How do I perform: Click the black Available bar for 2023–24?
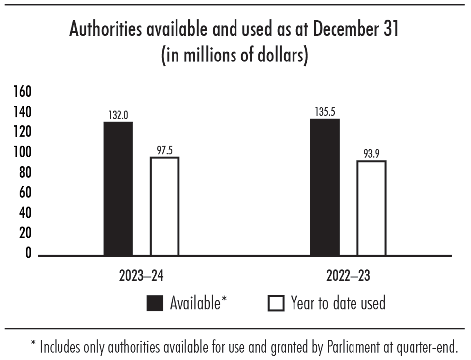[x=118, y=188]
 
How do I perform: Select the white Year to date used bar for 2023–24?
[x=165, y=206]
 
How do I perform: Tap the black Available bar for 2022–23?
[x=325, y=187]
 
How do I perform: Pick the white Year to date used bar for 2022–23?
[x=371, y=208]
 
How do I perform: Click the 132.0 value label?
[x=118, y=115]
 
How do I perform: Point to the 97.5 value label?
[x=165, y=150]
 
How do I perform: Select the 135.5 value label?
[x=325, y=112]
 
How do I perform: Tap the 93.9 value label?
[x=371, y=154]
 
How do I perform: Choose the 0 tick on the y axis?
[x=28, y=254]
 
